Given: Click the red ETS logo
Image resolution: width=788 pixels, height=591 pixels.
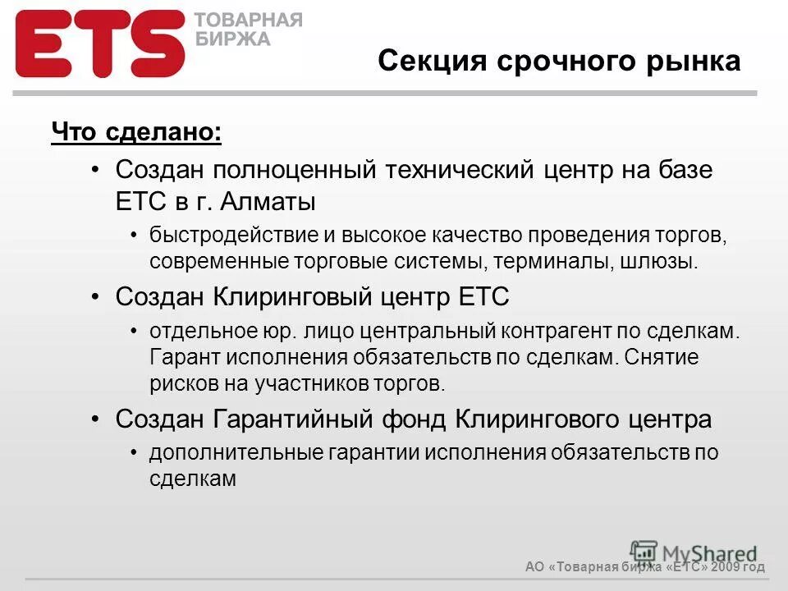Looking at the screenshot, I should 100,44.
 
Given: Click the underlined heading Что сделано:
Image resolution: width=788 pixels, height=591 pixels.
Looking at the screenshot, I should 136,132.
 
